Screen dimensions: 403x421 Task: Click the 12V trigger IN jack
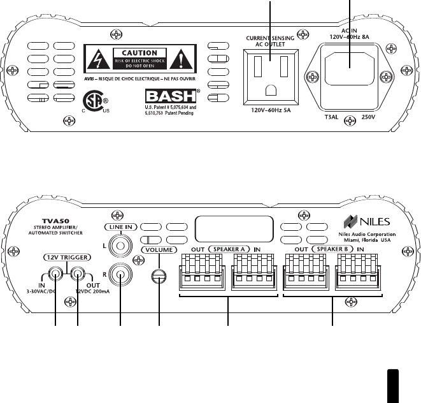tap(57, 274)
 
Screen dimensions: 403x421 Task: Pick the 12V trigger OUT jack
tap(78, 274)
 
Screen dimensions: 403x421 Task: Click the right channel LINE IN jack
tap(119, 275)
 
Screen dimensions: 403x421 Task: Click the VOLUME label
tap(159, 251)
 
